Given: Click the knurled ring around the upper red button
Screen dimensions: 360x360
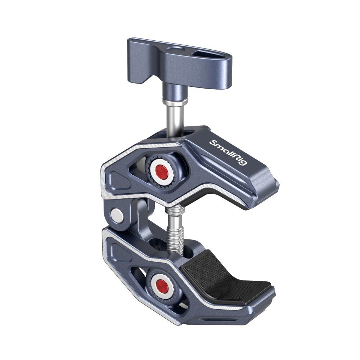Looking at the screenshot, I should pos(152,162).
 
